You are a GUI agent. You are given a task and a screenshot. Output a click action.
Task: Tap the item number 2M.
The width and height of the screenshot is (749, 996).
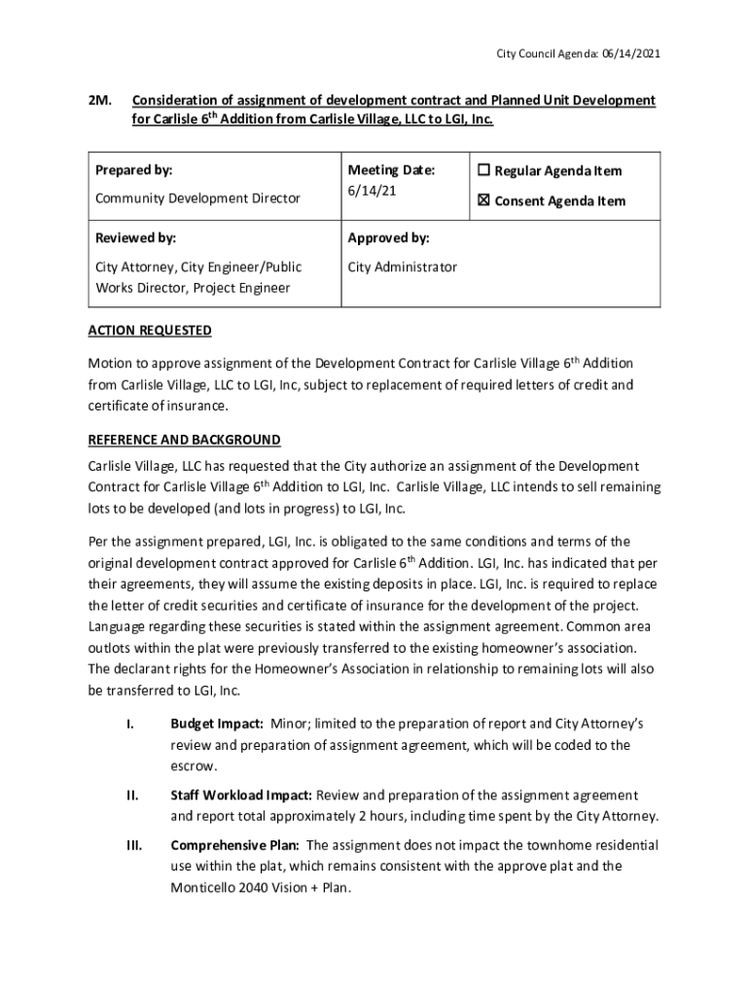[100, 101]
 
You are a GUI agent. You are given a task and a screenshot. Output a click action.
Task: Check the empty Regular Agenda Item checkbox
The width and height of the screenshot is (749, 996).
[484, 171]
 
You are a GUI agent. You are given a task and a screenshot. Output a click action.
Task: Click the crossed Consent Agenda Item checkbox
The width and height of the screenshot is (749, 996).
[484, 201]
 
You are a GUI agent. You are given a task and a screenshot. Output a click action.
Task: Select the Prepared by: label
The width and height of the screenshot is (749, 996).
[133, 170]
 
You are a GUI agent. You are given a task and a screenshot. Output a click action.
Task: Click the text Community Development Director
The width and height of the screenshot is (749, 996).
[197, 198]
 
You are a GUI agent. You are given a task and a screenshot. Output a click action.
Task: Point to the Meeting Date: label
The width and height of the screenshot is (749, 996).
[391, 170]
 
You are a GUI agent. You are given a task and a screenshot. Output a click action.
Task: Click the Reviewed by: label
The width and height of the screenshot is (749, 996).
[135, 238]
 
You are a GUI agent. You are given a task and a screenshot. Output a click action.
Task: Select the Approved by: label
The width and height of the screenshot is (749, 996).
[388, 238]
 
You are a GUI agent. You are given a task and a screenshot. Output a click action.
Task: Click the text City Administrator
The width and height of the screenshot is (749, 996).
[402, 267]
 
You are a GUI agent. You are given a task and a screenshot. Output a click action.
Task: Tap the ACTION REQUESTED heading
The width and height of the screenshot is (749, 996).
[150, 331]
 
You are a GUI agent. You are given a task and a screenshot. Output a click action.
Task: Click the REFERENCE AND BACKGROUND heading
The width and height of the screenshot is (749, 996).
[184, 440]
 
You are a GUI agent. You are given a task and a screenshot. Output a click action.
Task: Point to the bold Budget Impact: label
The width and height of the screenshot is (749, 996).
[217, 725]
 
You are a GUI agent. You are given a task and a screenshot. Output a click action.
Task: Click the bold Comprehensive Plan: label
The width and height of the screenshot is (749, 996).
[234, 845]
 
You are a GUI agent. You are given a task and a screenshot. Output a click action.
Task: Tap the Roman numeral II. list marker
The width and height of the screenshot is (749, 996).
[133, 796]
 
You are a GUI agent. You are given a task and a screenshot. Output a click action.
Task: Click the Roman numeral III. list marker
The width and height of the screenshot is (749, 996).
[134, 845]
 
